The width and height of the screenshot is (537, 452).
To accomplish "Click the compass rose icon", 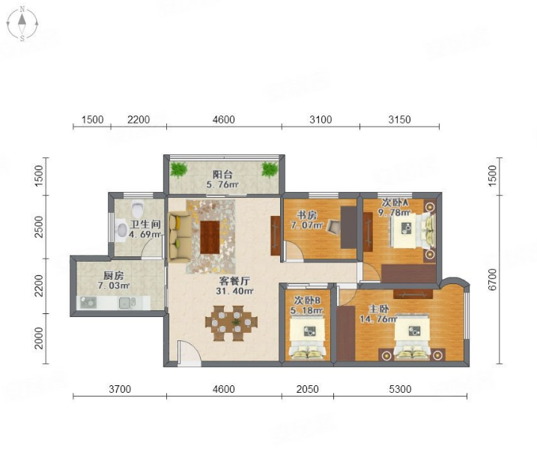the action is (x=22, y=23).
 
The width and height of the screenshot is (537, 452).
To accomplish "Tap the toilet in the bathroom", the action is (x=137, y=208).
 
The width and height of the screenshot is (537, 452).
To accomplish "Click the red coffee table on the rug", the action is (x=210, y=237).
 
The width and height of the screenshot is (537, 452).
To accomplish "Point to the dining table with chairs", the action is (x=231, y=323).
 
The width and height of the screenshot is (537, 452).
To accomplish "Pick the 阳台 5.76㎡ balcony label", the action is (x=222, y=179).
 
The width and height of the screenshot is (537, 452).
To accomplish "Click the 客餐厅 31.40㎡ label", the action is (x=234, y=286).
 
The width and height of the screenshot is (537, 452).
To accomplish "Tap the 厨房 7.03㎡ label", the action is (x=114, y=280).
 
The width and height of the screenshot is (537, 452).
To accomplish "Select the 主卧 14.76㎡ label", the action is (x=378, y=314).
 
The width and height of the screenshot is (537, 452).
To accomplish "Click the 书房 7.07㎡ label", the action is (x=307, y=220).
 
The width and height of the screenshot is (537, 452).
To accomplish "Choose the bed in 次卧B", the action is (x=307, y=338).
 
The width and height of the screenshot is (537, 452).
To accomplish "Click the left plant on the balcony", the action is (x=179, y=169).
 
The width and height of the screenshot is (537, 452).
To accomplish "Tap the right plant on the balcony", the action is (x=270, y=169).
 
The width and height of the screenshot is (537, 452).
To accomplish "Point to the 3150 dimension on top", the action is (x=399, y=120).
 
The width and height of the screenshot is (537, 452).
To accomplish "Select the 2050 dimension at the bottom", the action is (x=308, y=389).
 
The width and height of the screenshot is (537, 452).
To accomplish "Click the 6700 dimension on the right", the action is (x=492, y=280).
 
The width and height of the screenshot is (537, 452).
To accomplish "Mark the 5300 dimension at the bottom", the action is (x=400, y=389).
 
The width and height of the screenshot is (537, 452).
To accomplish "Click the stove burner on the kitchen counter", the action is (x=88, y=302).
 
